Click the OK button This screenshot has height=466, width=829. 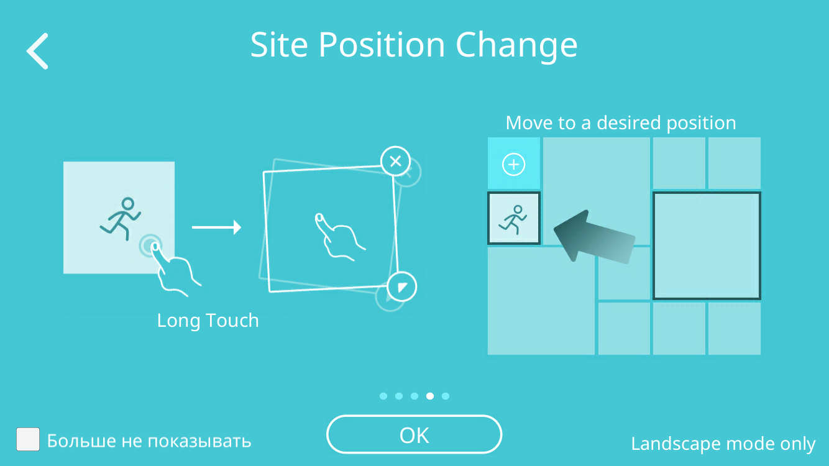point(414,434)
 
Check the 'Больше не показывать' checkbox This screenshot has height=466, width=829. point(28,439)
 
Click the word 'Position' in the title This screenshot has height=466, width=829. point(382,45)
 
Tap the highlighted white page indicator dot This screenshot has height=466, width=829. point(429,396)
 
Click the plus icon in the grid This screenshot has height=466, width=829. point(513,164)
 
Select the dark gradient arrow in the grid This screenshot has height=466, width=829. point(593,237)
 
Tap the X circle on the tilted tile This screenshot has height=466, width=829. point(396,162)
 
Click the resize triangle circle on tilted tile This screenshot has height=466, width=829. point(401,287)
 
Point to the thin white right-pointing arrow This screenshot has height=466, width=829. point(216,227)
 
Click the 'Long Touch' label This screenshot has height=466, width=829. point(208,321)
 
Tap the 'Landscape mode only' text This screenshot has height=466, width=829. point(723,444)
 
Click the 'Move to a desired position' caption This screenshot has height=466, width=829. point(621,123)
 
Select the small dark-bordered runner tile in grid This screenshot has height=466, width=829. point(514,218)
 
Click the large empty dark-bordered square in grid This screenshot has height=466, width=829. point(707,245)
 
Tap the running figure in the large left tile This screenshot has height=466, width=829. point(121,219)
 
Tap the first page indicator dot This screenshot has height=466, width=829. point(383,396)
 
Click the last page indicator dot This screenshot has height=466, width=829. point(446,396)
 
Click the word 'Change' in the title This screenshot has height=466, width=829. point(516,46)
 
